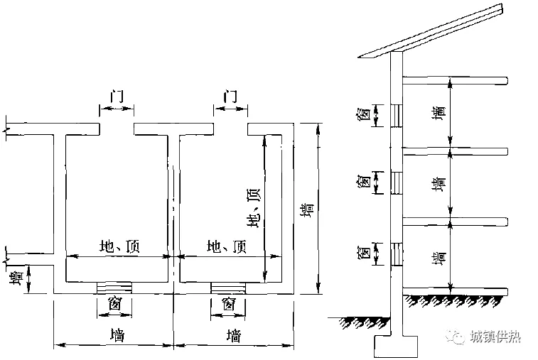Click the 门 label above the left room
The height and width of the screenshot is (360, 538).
click(x=116, y=97)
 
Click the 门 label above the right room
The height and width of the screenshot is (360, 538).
click(x=230, y=96)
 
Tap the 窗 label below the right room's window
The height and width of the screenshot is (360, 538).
click(x=228, y=305)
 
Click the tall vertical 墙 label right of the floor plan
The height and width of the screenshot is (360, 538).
click(x=308, y=212)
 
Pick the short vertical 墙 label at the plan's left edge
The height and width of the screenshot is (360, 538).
click(x=16, y=278)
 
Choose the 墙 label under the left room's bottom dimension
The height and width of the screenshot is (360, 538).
click(x=115, y=335)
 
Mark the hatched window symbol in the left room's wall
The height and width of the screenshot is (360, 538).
click(x=114, y=287)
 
